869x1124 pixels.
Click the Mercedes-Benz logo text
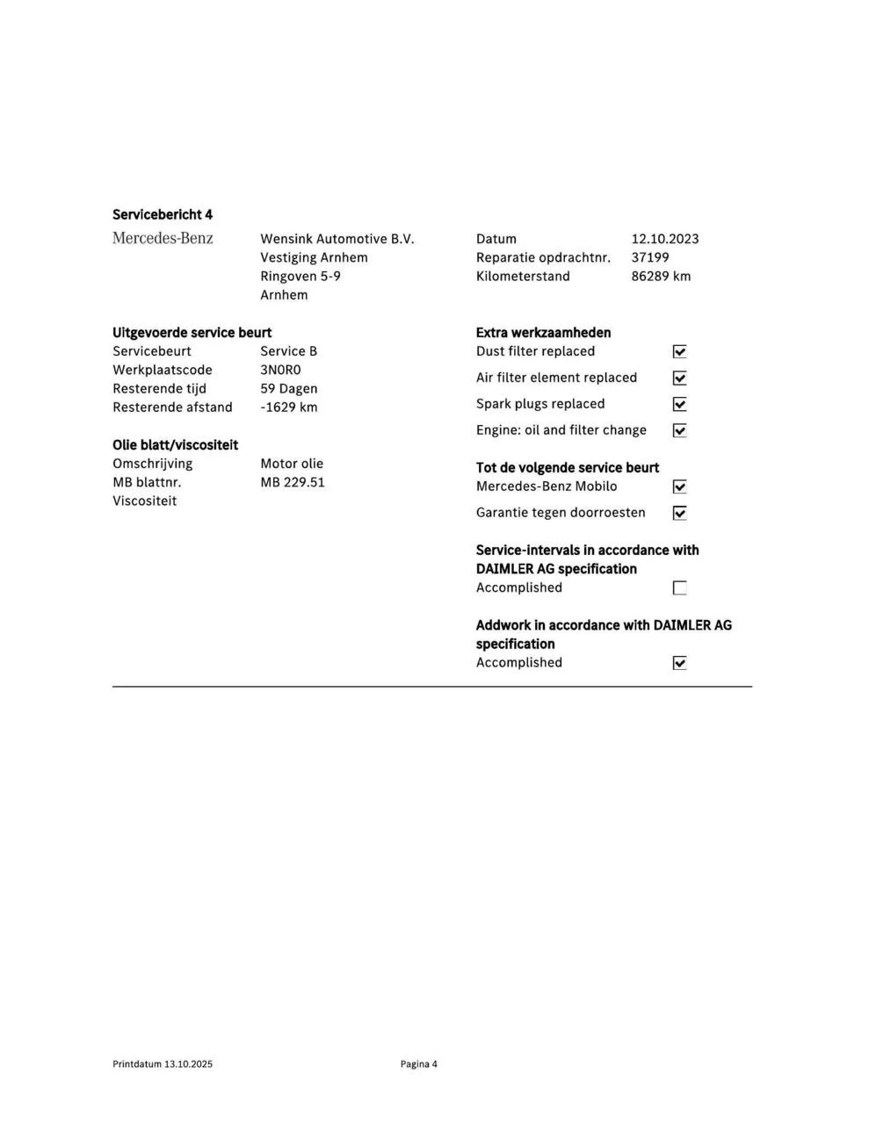(x=163, y=238)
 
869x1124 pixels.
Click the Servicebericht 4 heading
(x=163, y=214)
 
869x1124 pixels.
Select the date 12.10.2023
(x=664, y=239)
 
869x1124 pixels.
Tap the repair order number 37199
(x=649, y=257)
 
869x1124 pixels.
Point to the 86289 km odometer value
(x=660, y=276)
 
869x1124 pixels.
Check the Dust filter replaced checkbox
(x=679, y=351)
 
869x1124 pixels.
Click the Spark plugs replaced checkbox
(x=679, y=404)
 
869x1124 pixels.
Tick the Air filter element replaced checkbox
(x=679, y=378)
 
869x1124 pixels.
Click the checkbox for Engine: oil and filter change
(x=679, y=430)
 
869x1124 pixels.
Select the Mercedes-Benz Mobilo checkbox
(x=679, y=486)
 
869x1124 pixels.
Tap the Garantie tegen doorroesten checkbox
(x=679, y=513)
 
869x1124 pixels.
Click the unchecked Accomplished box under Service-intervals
(x=679, y=587)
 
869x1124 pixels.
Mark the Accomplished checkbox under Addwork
(x=679, y=663)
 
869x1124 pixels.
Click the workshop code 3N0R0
(x=280, y=370)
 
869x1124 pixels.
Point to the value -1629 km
(x=288, y=407)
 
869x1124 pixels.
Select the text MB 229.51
(x=292, y=482)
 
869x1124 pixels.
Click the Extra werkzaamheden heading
(x=543, y=333)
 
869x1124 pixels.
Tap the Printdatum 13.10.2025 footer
(x=163, y=1063)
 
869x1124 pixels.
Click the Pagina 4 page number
(x=418, y=1063)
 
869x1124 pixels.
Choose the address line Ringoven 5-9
(x=300, y=276)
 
